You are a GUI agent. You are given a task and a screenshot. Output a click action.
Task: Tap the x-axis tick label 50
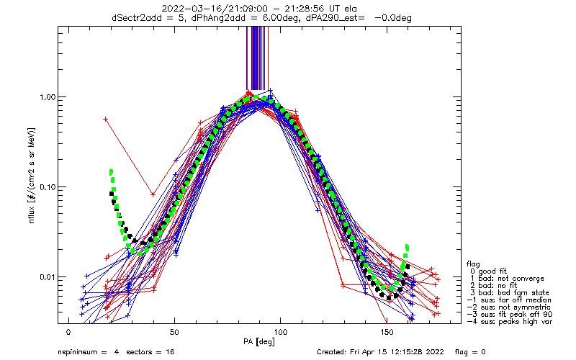pyautogui.click(x=174, y=333)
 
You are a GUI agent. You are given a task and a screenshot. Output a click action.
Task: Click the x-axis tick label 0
pyautogui.click(x=68, y=333)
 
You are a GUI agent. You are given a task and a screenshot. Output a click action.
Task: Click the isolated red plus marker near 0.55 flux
pyautogui.click(x=106, y=120)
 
